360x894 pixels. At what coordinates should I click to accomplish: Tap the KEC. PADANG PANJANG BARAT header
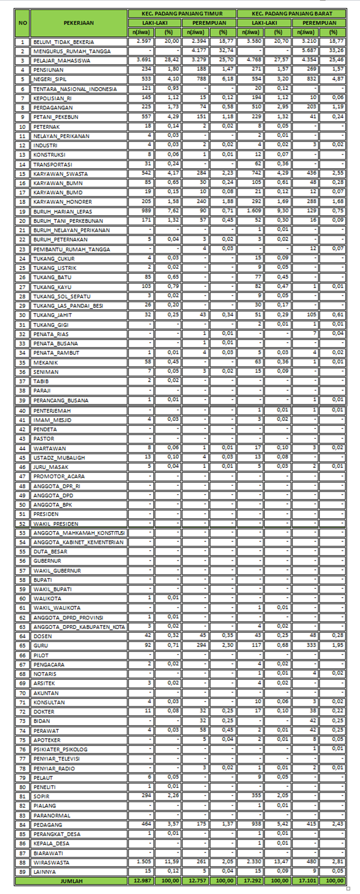292,13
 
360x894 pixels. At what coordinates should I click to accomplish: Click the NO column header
22,23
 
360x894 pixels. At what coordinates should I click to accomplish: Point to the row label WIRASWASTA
51,862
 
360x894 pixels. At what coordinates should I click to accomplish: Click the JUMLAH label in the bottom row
71,881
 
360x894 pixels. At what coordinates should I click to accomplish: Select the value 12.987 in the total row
141,881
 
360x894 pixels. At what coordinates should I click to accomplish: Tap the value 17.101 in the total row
306,881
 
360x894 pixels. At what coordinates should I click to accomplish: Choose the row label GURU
41,646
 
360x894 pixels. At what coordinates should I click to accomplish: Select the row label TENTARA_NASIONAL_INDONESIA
75,89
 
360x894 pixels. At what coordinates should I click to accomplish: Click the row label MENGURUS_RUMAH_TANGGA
72,51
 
